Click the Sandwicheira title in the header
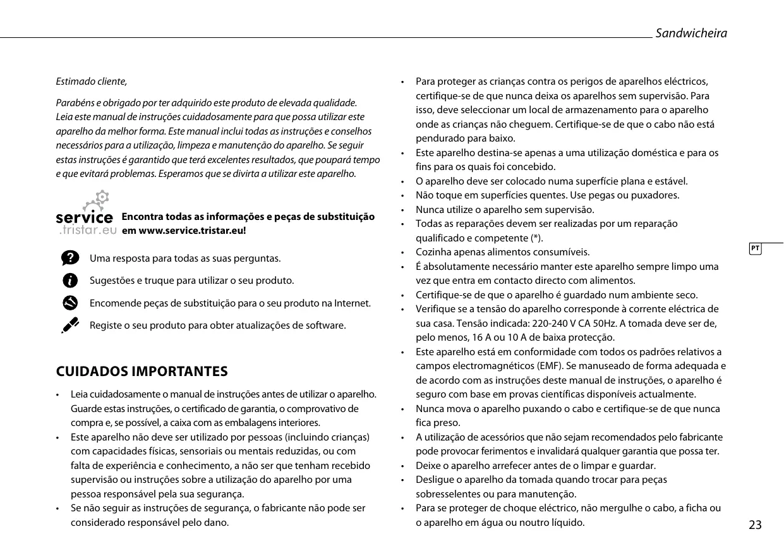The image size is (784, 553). (691, 33)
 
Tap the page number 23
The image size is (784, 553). (755, 525)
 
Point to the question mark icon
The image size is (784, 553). (71, 258)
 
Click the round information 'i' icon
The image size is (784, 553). (71, 280)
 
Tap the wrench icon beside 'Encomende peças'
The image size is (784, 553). (71, 303)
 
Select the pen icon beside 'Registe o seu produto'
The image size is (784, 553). (70, 325)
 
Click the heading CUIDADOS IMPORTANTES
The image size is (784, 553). (142, 371)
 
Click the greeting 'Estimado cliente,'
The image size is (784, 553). (92, 82)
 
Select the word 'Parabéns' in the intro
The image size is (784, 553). (73, 102)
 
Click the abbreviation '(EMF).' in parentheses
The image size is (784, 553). (552, 366)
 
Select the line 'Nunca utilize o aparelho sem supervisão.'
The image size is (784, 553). (505, 209)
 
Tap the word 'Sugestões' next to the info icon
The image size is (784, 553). (111, 280)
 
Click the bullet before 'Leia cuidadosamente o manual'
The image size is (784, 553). (59, 395)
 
